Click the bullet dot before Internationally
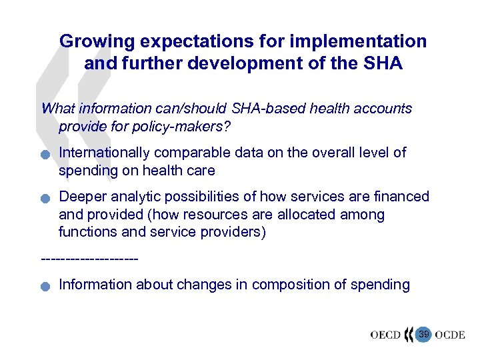[x=45, y=155]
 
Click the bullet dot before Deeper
[x=45, y=199]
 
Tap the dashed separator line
[x=89, y=258]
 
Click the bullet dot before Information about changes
[x=45, y=287]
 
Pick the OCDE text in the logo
[x=450, y=335]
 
